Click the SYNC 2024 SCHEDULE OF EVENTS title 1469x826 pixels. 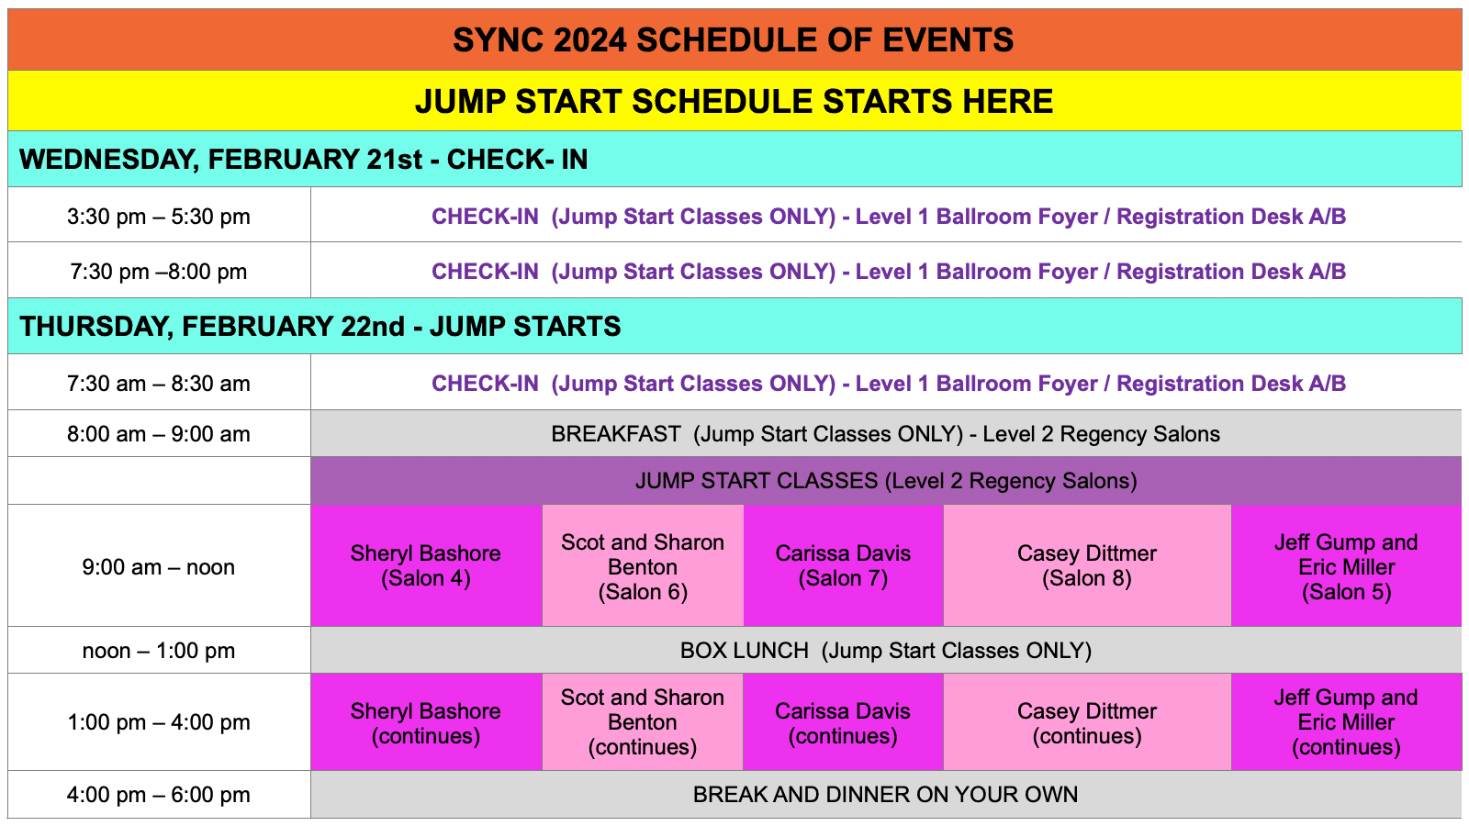(x=734, y=40)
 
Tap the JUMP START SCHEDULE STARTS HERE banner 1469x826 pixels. (x=734, y=101)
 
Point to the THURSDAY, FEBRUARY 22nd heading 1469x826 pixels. (x=320, y=327)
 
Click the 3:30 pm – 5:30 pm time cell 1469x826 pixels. (x=159, y=217)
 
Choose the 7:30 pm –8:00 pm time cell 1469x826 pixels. (x=159, y=272)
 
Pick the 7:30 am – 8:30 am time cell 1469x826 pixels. (x=159, y=384)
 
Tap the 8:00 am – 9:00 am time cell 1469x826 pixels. (x=159, y=434)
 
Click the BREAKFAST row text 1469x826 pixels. (x=885, y=434)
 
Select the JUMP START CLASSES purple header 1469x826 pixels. (x=885, y=481)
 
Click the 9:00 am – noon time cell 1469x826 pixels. (x=159, y=567)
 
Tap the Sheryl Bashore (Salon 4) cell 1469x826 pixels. (x=426, y=565)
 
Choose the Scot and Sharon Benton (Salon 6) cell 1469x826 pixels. (x=643, y=566)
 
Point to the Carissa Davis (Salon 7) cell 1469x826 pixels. (x=843, y=565)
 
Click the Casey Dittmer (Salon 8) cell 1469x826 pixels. (x=1087, y=565)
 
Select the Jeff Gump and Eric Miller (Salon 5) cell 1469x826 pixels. (x=1346, y=566)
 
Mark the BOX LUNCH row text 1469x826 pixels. (x=885, y=651)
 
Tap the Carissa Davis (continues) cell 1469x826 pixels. (x=843, y=723)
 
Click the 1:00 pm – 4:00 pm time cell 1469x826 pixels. (x=159, y=722)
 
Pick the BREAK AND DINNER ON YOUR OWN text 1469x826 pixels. (x=885, y=795)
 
